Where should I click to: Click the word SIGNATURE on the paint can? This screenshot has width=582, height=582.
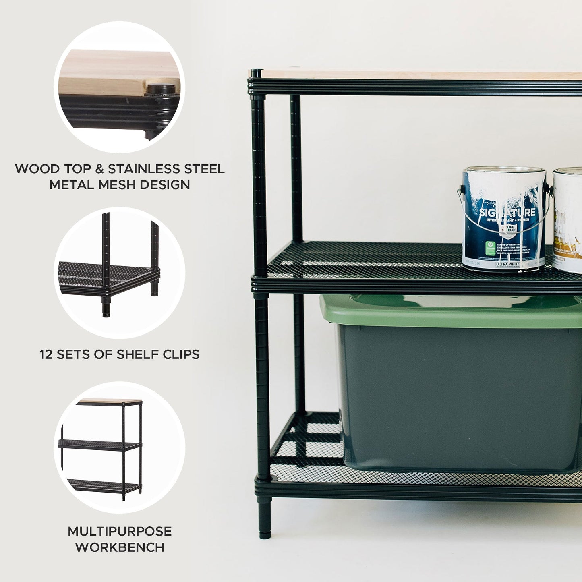507,213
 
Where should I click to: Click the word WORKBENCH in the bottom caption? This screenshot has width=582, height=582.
120,547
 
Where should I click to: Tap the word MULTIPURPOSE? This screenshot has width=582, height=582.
120,531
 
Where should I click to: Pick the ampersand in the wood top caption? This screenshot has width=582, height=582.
99,169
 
